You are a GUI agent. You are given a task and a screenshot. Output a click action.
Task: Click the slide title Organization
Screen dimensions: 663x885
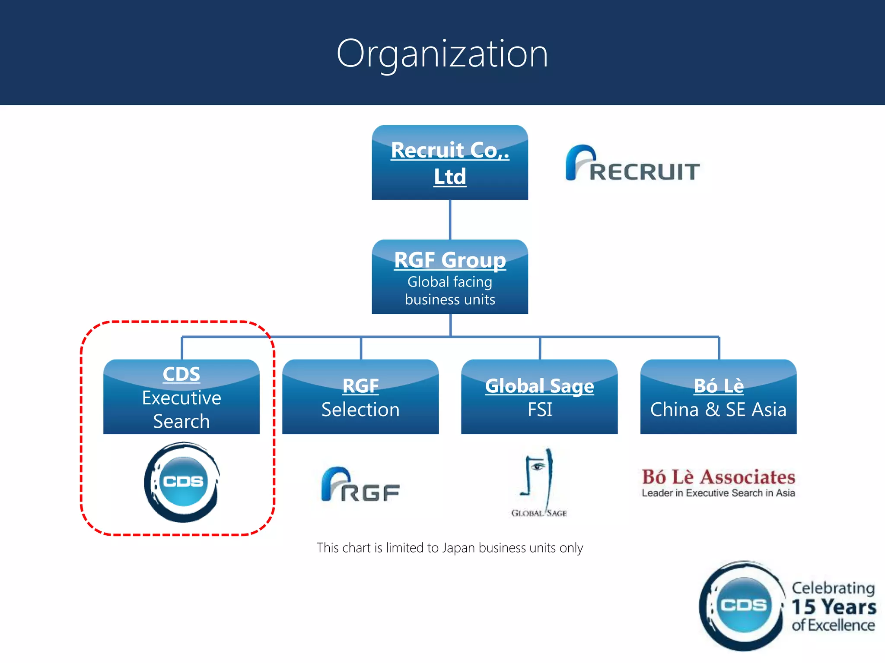coord(442,54)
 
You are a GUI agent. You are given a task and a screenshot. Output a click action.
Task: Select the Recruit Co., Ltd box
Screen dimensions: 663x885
coord(449,163)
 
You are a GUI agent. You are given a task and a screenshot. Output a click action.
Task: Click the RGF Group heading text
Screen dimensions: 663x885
coord(449,260)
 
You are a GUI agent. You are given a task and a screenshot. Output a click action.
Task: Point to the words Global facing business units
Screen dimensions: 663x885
coord(449,290)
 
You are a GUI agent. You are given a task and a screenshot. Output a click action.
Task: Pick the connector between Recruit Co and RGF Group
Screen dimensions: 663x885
coord(450,219)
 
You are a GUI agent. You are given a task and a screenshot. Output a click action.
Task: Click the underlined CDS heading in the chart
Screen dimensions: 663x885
coord(181,374)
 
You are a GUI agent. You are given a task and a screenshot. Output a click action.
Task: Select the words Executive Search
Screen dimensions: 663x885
coord(181,409)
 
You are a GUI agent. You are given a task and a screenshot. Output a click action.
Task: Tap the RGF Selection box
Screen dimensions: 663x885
coord(360,397)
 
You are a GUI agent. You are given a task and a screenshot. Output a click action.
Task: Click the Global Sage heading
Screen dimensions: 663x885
coord(539,386)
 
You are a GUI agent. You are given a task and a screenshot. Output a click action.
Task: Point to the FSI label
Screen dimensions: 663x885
coord(539,410)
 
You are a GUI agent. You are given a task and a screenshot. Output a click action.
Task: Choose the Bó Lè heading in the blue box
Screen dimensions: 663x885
coord(718,386)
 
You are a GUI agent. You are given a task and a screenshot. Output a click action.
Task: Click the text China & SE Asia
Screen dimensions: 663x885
coord(718,410)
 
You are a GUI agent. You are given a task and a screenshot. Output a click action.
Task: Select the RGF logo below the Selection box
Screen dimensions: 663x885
coord(360,485)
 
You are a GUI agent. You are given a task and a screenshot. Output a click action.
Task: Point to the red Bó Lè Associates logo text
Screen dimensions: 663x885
coord(718,477)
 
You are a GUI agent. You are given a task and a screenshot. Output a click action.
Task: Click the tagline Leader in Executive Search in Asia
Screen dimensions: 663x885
coord(718,493)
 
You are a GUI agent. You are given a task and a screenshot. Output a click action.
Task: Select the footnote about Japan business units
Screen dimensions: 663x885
coord(449,548)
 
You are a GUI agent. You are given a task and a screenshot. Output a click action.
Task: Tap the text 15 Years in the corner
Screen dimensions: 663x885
coord(833,607)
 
